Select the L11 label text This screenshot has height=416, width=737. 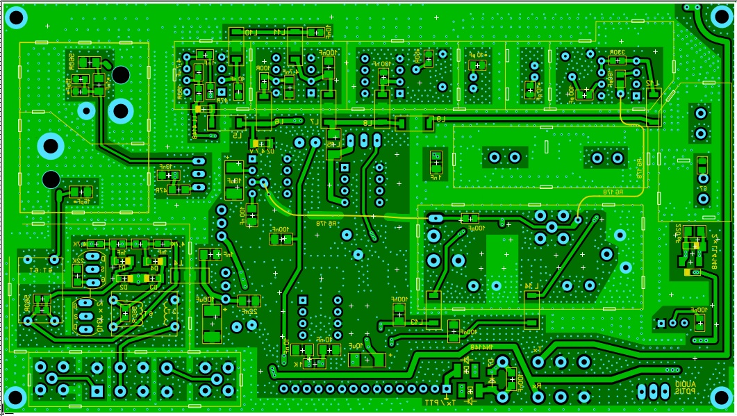tap(279, 33)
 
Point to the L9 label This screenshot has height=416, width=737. tap(440, 118)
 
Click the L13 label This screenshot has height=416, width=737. tap(415, 322)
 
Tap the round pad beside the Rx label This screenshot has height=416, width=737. tap(538, 397)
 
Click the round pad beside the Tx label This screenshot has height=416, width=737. tap(538, 362)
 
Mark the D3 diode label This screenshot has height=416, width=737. tap(154, 285)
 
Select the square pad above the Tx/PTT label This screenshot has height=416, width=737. tap(445, 389)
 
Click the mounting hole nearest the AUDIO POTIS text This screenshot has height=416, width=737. tap(720, 398)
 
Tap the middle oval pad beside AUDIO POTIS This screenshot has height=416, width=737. tap(652, 392)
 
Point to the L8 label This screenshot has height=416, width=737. tap(367, 123)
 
